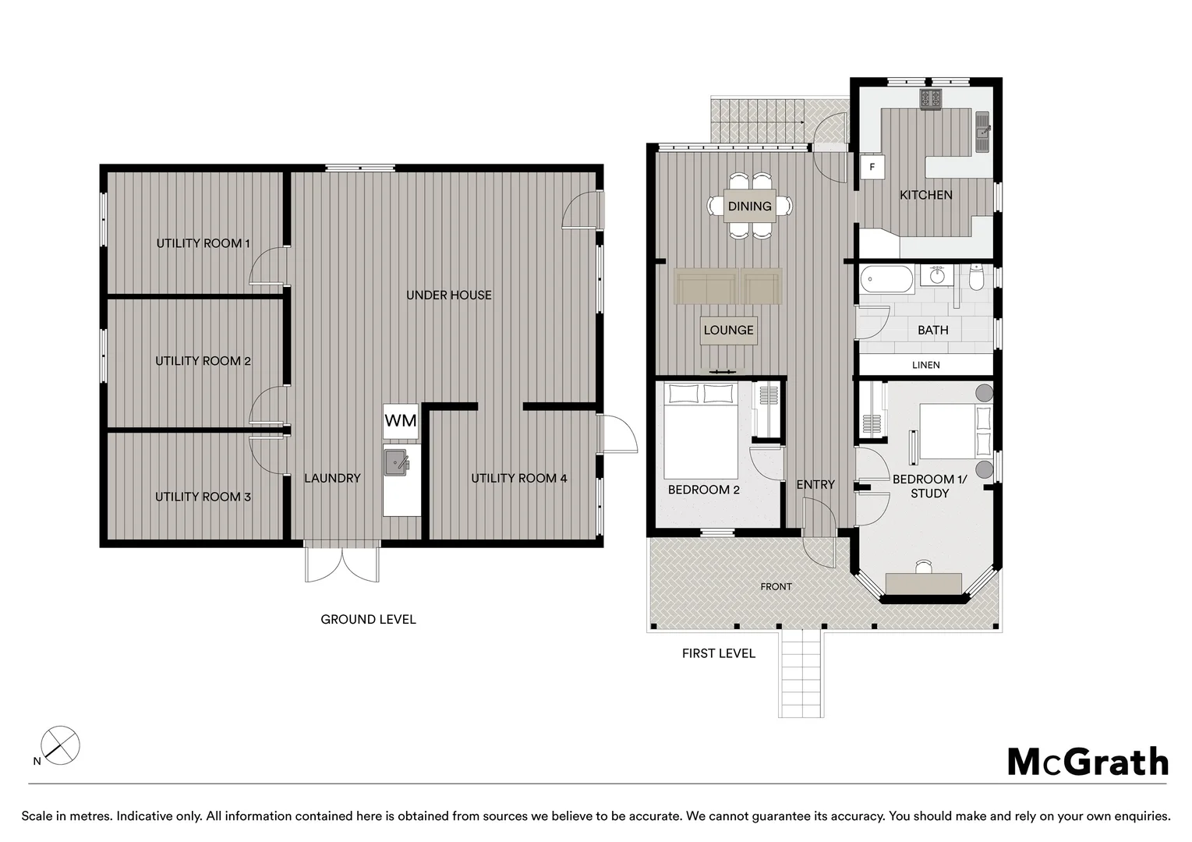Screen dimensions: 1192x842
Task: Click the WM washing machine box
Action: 401,421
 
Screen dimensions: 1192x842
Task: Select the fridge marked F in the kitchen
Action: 872,167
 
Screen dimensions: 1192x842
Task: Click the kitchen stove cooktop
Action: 931,99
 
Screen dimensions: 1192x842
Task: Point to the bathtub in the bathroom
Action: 887,279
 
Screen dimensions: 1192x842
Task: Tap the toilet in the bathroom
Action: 976,278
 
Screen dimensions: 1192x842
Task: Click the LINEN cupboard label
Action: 926,365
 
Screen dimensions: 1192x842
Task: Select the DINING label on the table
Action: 749,206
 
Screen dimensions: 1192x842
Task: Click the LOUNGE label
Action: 728,330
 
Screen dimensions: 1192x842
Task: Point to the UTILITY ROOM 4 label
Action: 519,478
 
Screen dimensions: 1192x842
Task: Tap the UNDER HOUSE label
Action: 448,295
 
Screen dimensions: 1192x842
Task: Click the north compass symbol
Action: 59,745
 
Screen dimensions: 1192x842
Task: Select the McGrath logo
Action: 1088,762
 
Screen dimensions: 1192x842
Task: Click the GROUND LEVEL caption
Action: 368,620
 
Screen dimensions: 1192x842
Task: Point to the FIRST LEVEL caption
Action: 718,653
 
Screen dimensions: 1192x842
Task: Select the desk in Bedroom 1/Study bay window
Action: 923,583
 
